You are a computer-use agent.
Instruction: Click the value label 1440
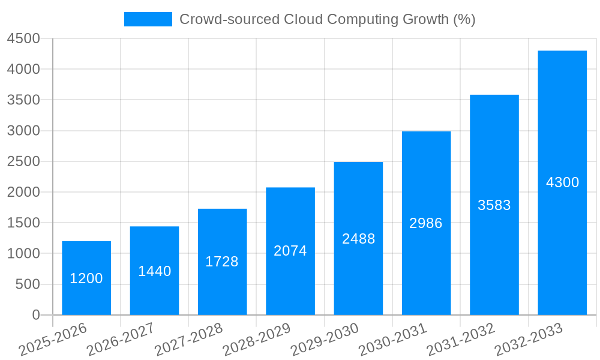[x=154, y=271]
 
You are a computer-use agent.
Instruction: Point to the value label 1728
[x=222, y=262]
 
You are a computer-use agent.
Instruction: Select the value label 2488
[x=358, y=239]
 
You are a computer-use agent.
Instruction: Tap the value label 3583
[x=494, y=205]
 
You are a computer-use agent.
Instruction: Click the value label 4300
[x=562, y=182]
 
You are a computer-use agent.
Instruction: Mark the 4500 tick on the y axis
[x=23, y=38]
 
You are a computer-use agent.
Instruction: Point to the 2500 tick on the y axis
[x=23, y=161]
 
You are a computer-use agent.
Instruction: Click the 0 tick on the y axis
[x=35, y=315]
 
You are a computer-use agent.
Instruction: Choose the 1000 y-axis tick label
[x=23, y=254]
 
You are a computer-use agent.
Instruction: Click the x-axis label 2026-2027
[x=121, y=340]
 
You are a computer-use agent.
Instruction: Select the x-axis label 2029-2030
[x=325, y=340]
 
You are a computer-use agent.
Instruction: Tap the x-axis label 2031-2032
[x=460, y=340]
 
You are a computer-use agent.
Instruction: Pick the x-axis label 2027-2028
[x=188, y=340]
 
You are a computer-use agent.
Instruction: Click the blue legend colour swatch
[x=148, y=19]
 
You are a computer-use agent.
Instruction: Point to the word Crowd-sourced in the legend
[x=229, y=19]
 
